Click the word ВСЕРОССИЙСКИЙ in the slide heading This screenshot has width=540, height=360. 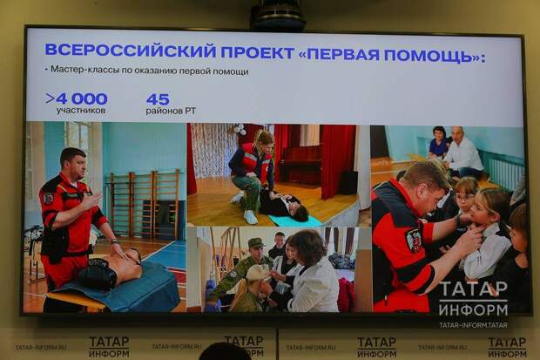[130, 51]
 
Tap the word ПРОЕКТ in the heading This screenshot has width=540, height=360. [258, 53]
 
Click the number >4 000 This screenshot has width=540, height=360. [77, 99]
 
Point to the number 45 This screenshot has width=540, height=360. [158, 99]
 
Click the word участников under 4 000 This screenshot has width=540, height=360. [81, 111]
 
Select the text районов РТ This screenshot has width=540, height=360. [171, 111]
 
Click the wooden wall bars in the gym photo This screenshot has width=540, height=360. [145, 203]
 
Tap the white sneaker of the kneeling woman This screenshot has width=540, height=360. [250, 217]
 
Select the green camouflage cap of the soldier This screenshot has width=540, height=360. [255, 242]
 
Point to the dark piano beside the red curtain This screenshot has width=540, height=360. [300, 166]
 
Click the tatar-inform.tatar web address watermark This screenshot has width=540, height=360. [473, 325]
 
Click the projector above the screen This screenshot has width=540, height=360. [278, 16]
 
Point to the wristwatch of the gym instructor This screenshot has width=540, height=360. [114, 241]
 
